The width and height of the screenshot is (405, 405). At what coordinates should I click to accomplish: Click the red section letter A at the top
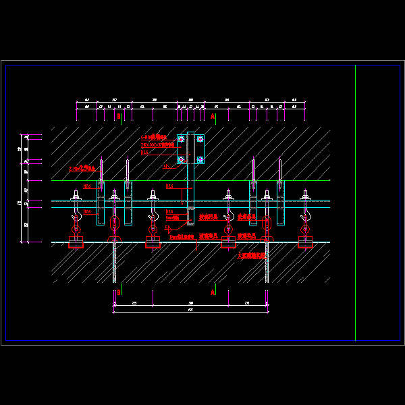pos(213,117)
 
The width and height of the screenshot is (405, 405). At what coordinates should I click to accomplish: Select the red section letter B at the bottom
pos(119,293)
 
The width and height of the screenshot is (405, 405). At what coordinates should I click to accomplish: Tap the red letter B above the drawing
pos(119,117)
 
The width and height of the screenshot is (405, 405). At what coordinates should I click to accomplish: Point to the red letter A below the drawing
pos(213,293)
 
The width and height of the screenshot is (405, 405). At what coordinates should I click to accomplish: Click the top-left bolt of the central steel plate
pos(181,139)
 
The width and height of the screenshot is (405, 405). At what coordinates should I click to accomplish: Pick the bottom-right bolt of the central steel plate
pos(200,160)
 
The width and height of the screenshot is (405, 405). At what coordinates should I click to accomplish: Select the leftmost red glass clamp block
pos(76,242)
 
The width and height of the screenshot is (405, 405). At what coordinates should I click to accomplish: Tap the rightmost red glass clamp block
pos(305,242)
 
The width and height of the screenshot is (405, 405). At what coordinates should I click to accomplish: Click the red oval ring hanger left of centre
pos(115,223)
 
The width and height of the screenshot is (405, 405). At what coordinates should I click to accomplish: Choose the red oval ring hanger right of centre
pos(267,223)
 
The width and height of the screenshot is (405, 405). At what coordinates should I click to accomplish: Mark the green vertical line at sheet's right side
pos(355,202)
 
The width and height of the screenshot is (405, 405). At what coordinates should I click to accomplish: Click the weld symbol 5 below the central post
pos(168,228)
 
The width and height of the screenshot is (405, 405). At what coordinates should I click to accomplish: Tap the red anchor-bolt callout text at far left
pos(82,168)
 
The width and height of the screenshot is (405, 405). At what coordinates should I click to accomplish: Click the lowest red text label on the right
pos(252,256)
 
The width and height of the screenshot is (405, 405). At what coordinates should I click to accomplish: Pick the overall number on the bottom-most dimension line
pos(190,310)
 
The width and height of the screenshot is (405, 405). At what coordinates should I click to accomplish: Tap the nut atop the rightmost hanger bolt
pos(305,194)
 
